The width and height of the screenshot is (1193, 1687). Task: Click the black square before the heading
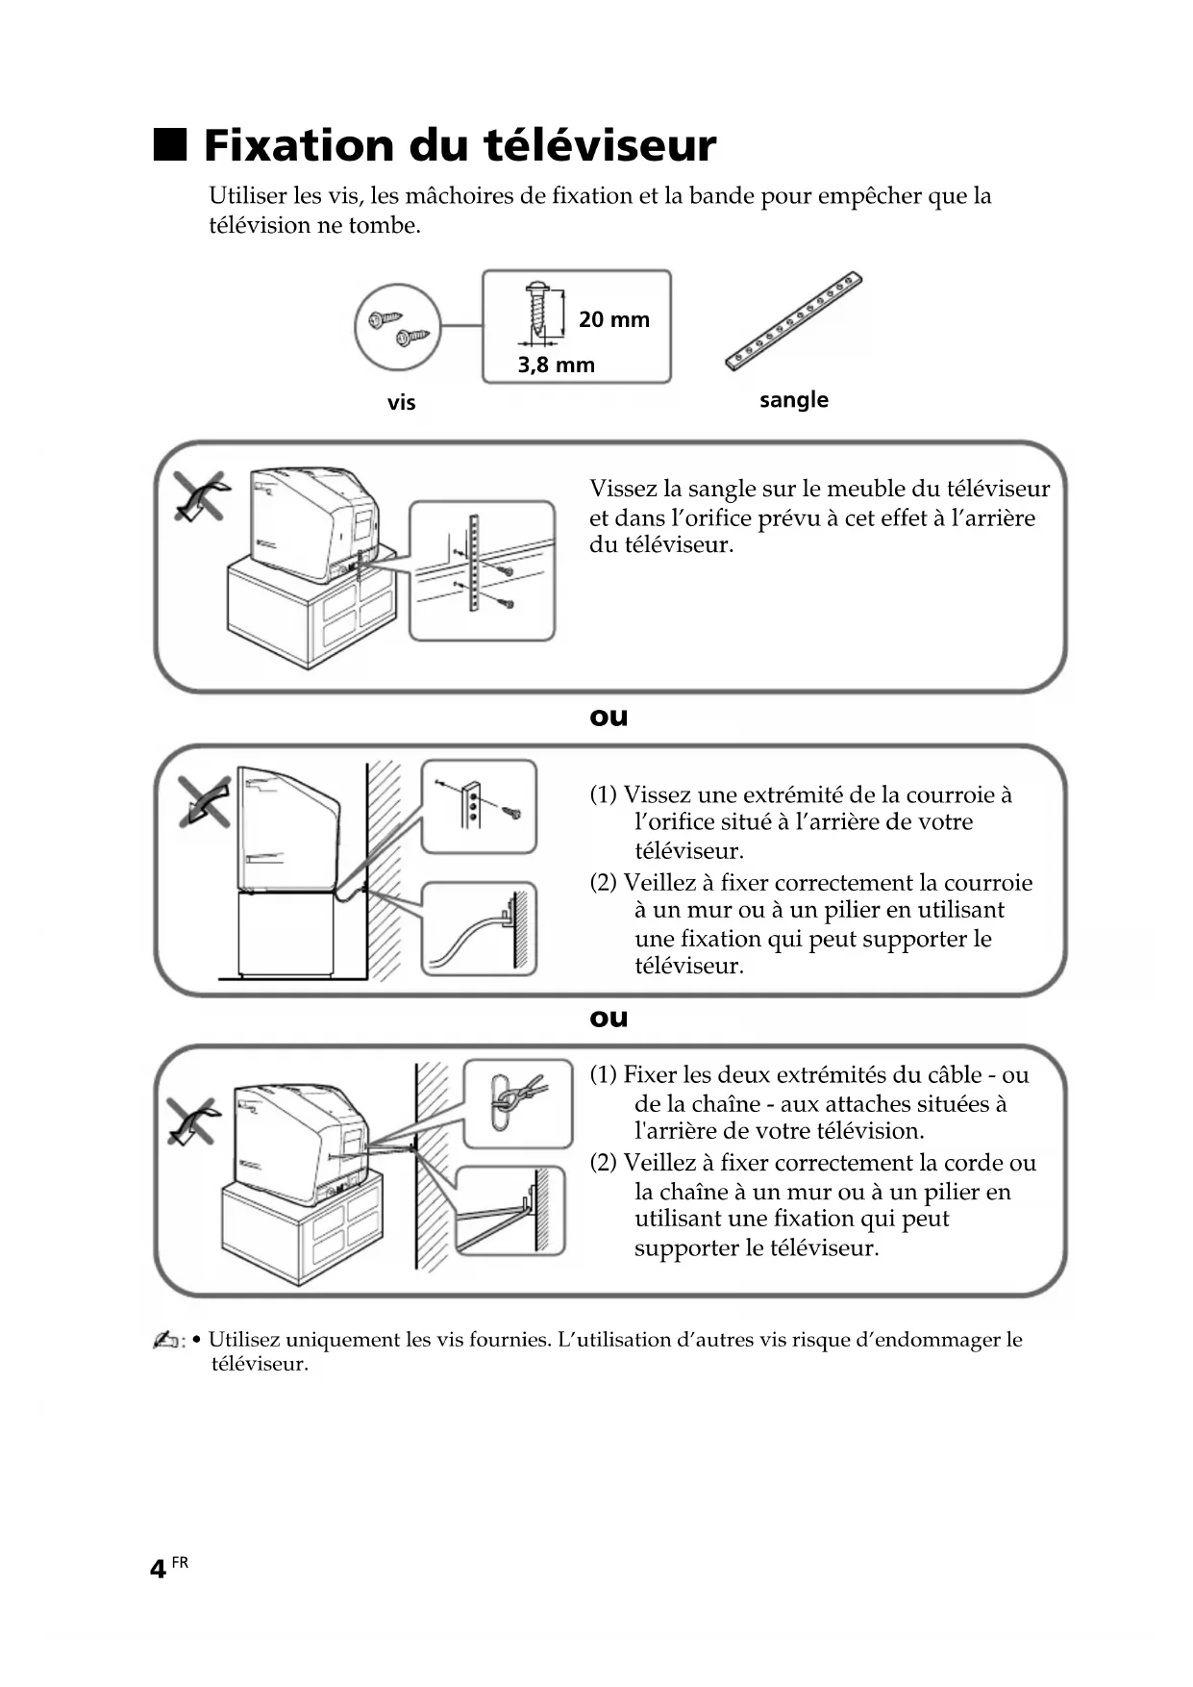click(169, 144)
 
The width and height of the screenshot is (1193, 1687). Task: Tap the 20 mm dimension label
click(613, 319)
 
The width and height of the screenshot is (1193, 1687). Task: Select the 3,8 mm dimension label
click(556, 365)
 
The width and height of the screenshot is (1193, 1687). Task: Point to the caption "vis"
click(401, 402)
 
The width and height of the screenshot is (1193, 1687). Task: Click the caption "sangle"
click(793, 399)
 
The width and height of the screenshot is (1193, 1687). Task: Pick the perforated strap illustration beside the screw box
click(793, 322)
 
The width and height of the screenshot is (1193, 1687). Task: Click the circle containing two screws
click(397, 327)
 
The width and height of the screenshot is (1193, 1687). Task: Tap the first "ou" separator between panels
click(608, 717)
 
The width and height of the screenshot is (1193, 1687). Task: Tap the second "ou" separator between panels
click(608, 1018)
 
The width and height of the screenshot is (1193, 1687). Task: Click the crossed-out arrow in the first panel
click(201, 497)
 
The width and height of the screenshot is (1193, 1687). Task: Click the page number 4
click(158, 1570)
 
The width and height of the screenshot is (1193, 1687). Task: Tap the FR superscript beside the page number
click(180, 1563)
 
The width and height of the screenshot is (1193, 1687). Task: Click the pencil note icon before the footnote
click(167, 1341)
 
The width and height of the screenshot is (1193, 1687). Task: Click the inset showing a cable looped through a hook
click(517, 1103)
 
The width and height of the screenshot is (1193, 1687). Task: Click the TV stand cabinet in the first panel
click(308, 616)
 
